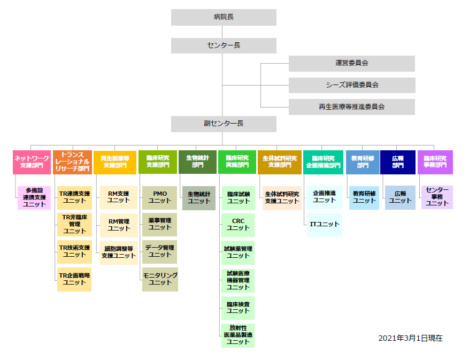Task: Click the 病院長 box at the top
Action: (x=224, y=17)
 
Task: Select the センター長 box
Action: (x=224, y=45)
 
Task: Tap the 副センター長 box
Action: (x=224, y=124)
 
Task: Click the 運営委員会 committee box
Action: (x=351, y=63)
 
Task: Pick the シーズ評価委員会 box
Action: (x=351, y=85)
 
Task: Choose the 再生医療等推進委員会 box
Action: (x=351, y=106)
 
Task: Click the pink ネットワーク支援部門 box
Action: (x=32, y=162)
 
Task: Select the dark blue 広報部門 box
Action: (x=398, y=162)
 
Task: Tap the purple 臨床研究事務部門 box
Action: (x=435, y=162)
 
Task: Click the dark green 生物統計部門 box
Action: (x=198, y=162)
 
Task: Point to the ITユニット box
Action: (x=324, y=225)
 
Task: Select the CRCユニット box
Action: (x=238, y=225)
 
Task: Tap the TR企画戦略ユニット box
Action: (x=74, y=279)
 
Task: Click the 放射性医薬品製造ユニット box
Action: (x=238, y=335)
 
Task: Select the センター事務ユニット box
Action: (x=437, y=197)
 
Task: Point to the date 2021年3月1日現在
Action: (x=410, y=339)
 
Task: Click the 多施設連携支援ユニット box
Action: (x=34, y=197)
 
